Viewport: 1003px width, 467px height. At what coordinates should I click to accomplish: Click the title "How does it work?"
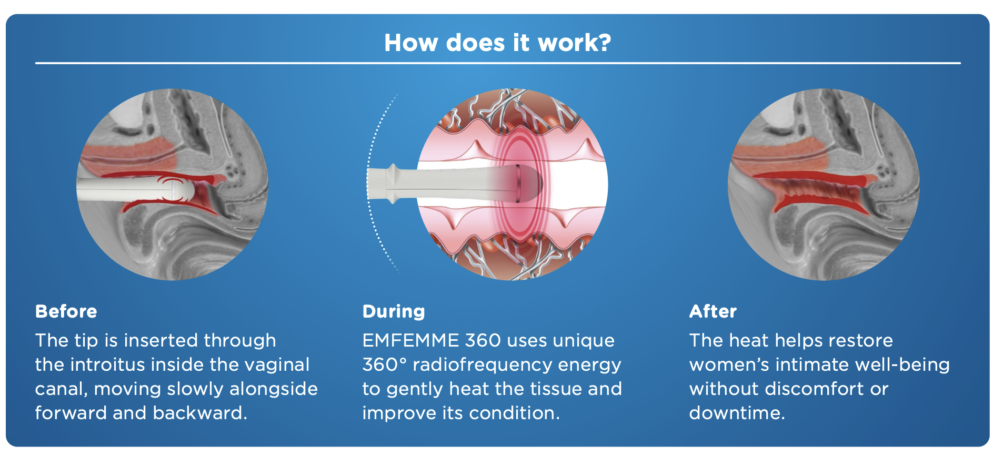click(x=497, y=43)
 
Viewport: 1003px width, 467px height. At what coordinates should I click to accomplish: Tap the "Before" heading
click(x=66, y=311)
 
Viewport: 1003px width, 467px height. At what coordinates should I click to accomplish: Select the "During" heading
click(x=394, y=311)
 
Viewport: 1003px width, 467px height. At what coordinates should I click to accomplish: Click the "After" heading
click(x=713, y=311)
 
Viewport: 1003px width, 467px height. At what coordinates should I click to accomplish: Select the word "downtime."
click(x=737, y=413)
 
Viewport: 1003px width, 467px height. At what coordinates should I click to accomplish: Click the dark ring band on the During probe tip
click(x=518, y=183)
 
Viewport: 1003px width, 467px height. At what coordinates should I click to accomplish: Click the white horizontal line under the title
click(x=498, y=63)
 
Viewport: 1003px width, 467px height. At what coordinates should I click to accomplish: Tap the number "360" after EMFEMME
click(x=483, y=340)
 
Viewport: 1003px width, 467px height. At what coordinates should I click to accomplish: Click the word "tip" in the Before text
click(x=86, y=341)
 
